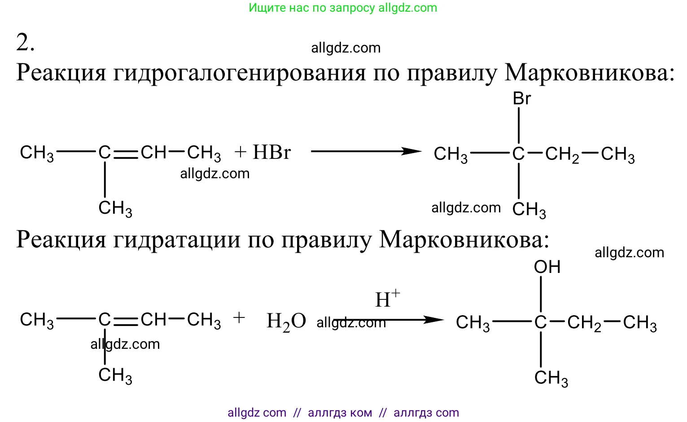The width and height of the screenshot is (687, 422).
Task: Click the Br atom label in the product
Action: click(522, 99)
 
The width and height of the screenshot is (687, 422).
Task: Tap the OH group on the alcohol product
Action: click(547, 267)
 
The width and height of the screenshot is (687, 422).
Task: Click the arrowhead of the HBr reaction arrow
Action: click(412, 151)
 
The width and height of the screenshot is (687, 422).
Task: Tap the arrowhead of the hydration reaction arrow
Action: click(433, 320)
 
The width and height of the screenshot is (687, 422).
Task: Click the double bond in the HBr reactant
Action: click(126, 154)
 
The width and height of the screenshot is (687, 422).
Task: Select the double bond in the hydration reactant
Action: click(126, 321)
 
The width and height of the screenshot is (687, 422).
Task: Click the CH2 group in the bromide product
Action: click(562, 155)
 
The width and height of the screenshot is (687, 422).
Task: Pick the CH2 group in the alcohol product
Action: click(584, 323)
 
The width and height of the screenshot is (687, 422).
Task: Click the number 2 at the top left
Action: click(25, 42)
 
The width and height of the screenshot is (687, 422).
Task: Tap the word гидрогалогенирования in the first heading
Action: click(239, 74)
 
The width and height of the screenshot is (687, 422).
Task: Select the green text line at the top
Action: click(343, 8)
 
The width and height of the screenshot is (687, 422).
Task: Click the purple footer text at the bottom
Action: click(343, 413)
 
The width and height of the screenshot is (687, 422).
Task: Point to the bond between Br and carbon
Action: click(519, 126)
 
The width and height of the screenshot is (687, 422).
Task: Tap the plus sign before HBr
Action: click(241, 152)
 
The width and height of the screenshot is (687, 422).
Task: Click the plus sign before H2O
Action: click(239, 318)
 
